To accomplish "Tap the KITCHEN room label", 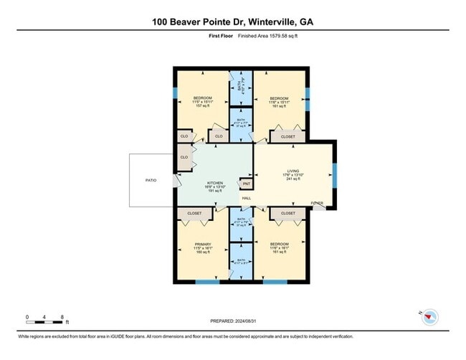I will pyautogui.click(x=216, y=182).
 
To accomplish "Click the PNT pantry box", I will pyautogui.click(x=245, y=183).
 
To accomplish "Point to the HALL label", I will pyautogui.click(x=246, y=199).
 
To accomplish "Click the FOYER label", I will pyautogui.click(x=316, y=204).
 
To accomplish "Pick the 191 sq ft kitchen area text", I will pyautogui.click(x=216, y=191).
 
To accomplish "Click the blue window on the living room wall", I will pyautogui.click(x=335, y=174).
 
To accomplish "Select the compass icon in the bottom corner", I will pyautogui.click(x=429, y=316).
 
